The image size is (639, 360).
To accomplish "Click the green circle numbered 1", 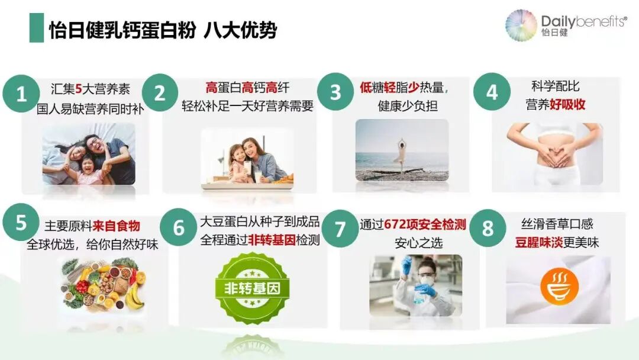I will pos(21,94).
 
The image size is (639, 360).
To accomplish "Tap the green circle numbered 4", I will pos(492,92).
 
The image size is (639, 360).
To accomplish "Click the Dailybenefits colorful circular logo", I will pos(521,25).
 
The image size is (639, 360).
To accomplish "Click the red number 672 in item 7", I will pos(396,225).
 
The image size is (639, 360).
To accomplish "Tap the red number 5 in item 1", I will pos(78,89).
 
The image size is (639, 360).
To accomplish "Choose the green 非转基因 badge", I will pos(251,289).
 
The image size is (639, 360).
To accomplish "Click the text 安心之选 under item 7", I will pos(418,243).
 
